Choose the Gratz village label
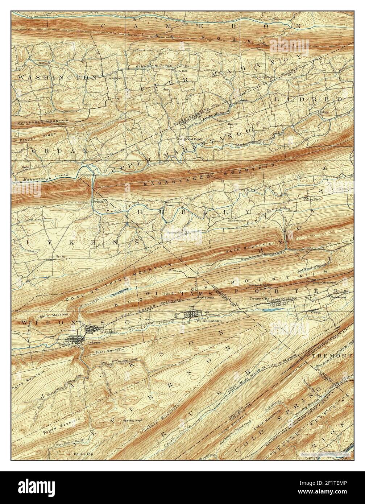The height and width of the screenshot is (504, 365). (x=60, y=255)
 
